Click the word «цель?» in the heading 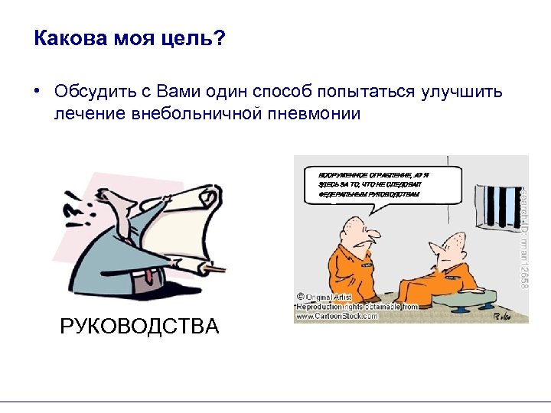(x=196, y=38)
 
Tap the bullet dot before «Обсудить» (x=37, y=91)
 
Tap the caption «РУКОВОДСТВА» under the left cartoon (x=139, y=327)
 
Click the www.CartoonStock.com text (x=336, y=315)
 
